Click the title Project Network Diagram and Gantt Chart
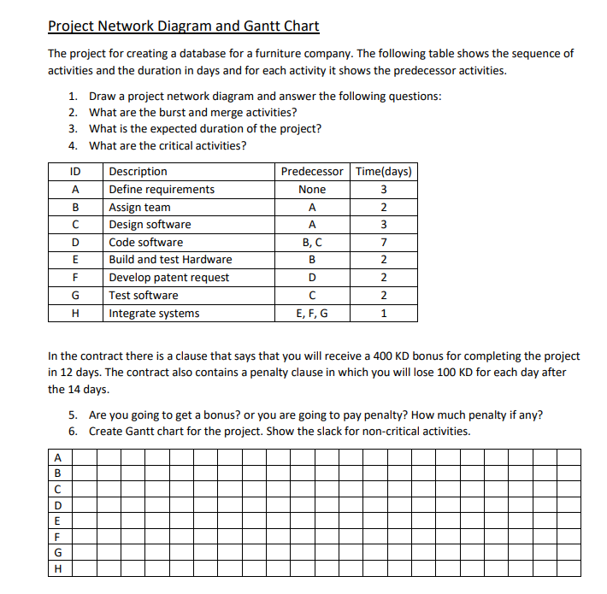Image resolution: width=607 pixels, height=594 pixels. [184, 26]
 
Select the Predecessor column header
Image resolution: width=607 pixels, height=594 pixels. [312, 172]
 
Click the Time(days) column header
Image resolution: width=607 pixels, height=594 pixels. [384, 172]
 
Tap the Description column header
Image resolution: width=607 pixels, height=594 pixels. [138, 172]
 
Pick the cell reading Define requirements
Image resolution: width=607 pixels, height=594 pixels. [162, 190]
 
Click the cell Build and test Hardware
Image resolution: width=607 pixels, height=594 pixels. [170, 260]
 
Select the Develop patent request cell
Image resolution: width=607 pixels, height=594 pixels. [168, 278]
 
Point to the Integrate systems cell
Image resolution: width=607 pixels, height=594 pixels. [154, 314]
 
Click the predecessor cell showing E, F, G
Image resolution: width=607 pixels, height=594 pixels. [312, 314]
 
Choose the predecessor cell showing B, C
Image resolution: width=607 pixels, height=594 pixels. [312, 243]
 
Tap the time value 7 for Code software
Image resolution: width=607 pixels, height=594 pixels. [384, 243]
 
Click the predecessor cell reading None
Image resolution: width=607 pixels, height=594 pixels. [312, 190]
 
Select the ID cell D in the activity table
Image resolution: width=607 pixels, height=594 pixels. [76, 243]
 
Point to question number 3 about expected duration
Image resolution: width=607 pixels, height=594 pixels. [205, 129]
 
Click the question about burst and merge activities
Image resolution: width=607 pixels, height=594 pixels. [193, 113]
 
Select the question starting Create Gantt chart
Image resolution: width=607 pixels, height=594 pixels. [279, 431]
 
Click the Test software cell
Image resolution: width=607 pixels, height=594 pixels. [144, 296]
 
